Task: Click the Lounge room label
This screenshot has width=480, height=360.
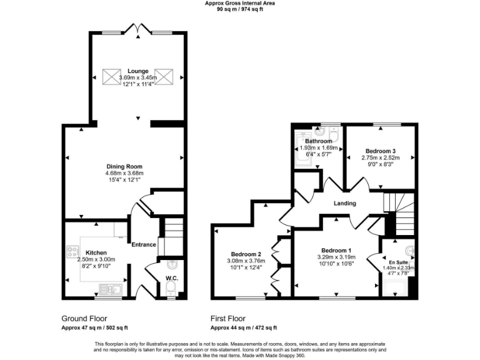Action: point(137,71)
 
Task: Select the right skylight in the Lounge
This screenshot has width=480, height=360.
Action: point(164,77)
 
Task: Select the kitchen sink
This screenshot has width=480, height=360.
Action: point(110,289)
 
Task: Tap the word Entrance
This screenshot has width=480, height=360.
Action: point(143,244)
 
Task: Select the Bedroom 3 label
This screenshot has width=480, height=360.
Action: point(381,151)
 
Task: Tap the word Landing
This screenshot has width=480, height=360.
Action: point(344,203)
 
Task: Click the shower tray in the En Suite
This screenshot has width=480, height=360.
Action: point(396,287)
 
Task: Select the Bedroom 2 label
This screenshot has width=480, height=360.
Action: point(245,253)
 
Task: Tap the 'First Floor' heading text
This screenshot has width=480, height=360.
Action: point(229,318)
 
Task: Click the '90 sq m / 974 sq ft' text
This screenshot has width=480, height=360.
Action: point(239,9)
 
